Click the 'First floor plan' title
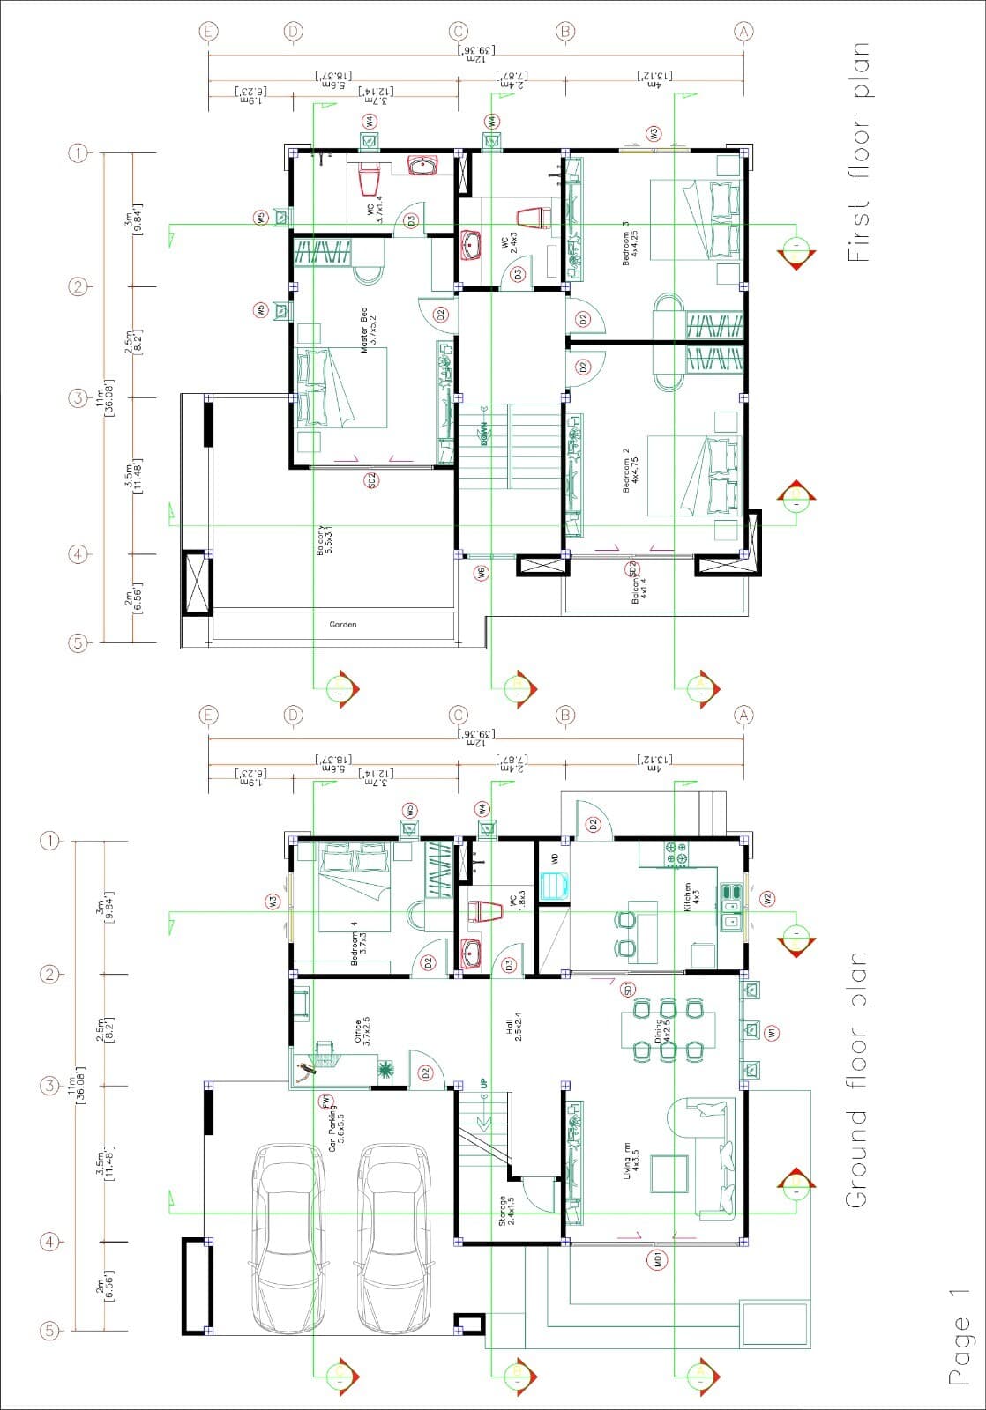857,152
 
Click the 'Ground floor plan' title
855,1080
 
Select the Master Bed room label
368,330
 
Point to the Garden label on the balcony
343,624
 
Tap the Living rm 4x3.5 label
631,1159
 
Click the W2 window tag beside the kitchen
767,899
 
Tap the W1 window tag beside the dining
773,1033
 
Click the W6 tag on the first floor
482,572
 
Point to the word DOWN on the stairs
483,433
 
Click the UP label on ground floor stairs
482,1083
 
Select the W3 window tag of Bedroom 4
273,902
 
